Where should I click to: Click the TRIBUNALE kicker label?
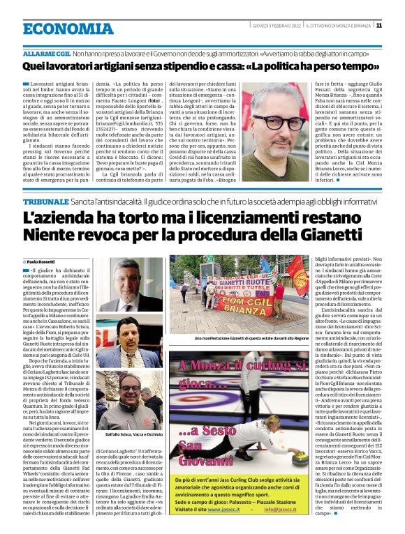pyautogui.click(x=45, y=181)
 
